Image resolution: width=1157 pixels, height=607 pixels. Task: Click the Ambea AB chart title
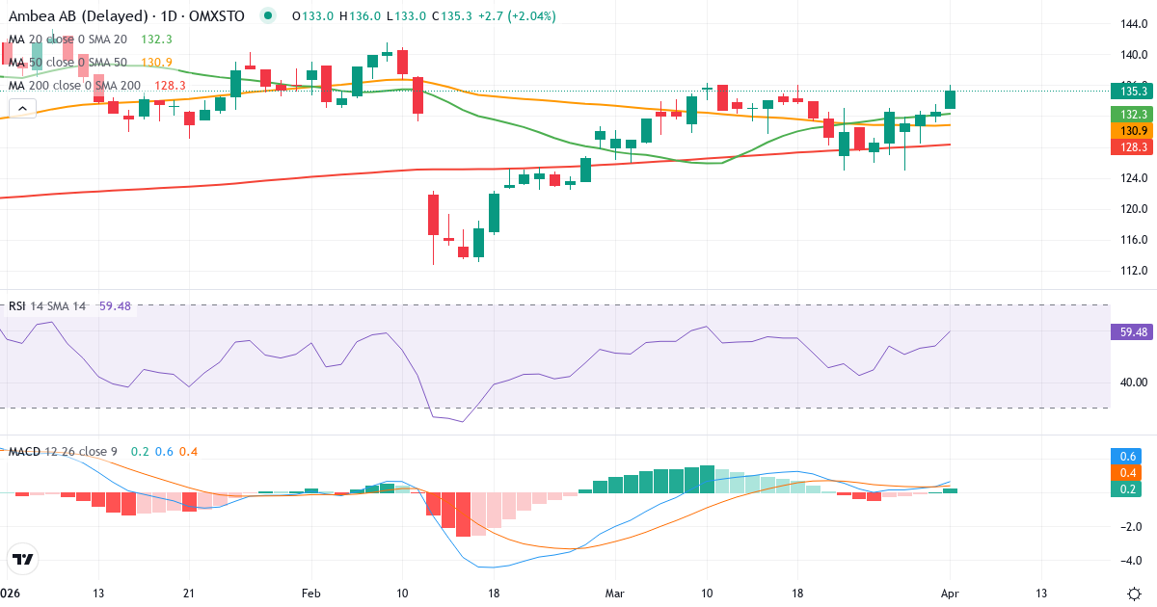coord(92,16)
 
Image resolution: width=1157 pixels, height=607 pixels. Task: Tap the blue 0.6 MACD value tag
coord(1128,456)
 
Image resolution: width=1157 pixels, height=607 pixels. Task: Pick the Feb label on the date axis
coord(310,593)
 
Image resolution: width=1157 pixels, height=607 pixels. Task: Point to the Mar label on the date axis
coord(613,593)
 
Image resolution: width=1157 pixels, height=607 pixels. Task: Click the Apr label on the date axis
coord(950,593)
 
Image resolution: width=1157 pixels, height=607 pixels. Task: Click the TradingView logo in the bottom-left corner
coord(23,559)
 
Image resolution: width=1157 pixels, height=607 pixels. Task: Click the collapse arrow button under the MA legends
coord(21,108)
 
